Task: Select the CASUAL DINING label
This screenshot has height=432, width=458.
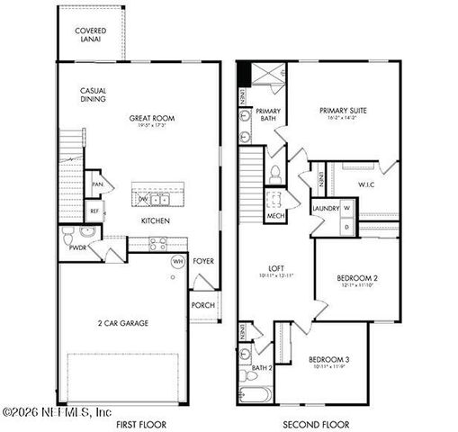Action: tap(94, 94)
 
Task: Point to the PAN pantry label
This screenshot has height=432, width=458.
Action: tap(97, 185)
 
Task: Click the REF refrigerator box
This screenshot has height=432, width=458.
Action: tap(94, 211)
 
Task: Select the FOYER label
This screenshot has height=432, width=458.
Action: tap(203, 262)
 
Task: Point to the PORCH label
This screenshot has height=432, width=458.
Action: tap(202, 304)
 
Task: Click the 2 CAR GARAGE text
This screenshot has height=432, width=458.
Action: tap(123, 322)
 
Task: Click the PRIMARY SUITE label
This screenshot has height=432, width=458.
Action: tap(344, 112)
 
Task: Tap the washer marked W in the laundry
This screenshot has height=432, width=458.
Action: tap(346, 210)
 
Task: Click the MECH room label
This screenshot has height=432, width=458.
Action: tap(275, 216)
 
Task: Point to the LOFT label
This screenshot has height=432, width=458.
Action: tap(277, 267)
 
